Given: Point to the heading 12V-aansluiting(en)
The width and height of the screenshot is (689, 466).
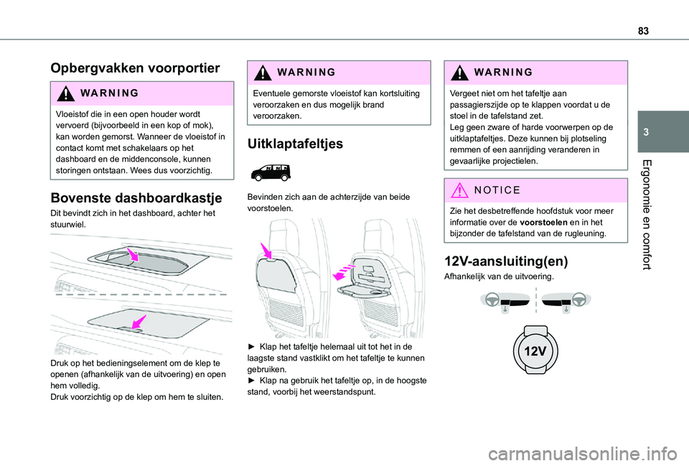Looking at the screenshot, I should [x=496, y=260].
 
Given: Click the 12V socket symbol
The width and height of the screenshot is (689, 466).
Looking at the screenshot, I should [x=535, y=352].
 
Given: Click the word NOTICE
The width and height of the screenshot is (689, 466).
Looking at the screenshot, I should [x=496, y=190].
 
